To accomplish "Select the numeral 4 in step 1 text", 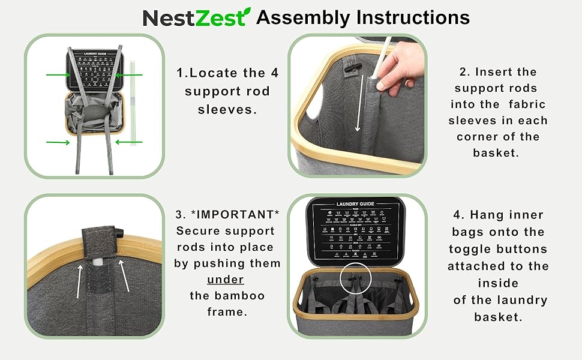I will pyautogui.click(x=259, y=73).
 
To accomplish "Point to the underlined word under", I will pyautogui.click(x=225, y=280).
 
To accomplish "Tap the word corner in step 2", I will pyautogui.click(x=481, y=137).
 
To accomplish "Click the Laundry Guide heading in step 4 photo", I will pyautogui.click(x=356, y=204).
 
